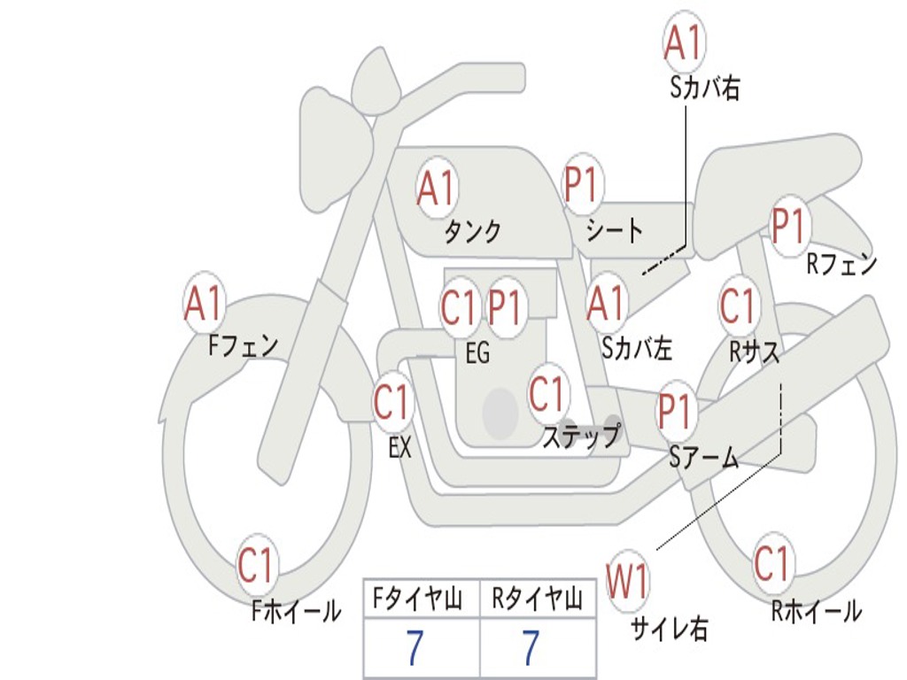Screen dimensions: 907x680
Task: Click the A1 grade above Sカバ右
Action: coord(684,42)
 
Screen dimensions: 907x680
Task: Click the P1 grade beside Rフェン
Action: coord(788,227)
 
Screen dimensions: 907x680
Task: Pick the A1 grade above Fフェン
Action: coord(205,304)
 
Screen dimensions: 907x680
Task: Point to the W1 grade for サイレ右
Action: coord(627,583)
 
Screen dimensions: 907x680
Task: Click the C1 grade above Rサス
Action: coord(738,305)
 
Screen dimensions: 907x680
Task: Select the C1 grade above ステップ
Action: coord(547,393)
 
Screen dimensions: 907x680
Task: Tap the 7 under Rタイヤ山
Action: coord(531,649)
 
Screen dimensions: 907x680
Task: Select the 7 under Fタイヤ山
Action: coord(415,649)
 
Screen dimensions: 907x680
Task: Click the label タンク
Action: coord(473,232)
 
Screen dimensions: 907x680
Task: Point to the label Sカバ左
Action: coord(637,349)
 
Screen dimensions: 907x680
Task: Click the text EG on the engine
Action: coord(477,353)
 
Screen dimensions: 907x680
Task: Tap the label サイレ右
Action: coord(669,629)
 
